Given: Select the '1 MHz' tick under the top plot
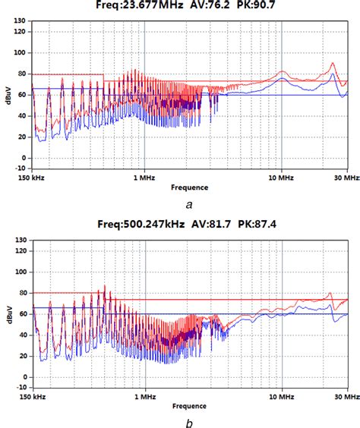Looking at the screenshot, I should point(144,177).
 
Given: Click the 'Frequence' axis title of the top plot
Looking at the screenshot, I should point(190,187).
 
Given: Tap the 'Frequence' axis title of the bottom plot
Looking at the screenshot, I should point(190,405).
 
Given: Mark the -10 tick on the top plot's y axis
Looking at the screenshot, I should point(21,169).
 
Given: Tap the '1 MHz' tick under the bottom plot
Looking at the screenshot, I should point(144,395).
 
